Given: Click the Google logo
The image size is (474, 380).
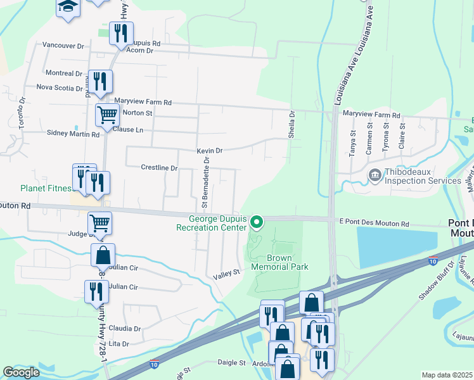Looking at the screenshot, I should pos(22,372).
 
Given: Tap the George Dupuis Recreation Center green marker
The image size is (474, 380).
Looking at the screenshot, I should pos(257,222).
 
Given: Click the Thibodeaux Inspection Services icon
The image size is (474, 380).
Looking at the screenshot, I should pos(374,174).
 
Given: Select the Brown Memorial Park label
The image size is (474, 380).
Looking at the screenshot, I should pos(279,262).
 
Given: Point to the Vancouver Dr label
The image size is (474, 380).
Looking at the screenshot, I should pos(63,46).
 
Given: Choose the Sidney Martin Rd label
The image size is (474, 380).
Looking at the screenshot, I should pos(74,134).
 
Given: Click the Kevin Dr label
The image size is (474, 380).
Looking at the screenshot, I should pos(209,151).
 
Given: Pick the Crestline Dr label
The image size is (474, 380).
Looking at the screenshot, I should pos(158,168).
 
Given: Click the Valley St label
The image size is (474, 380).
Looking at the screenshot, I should pos(227,272).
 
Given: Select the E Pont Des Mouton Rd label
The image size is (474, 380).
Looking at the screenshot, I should pos(375,224).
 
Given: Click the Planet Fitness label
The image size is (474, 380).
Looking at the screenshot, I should pos(46,188).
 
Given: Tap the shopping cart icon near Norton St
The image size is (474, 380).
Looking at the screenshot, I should pos(107,115).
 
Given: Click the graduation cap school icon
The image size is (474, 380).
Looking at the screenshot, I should pos(68,7).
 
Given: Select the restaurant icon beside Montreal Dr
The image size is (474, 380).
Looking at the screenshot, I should pos(100,81).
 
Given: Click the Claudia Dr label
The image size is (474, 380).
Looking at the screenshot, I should pos(124,329).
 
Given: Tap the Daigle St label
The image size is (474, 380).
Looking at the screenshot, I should pos(231,362).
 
